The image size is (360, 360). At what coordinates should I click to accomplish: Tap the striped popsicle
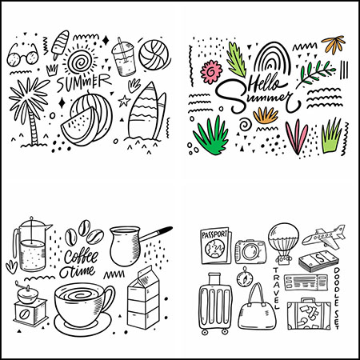click(x=60, y=44)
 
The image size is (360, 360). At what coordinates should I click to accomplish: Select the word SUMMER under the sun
click(x=83, y=82)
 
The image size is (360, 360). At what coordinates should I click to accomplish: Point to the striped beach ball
click(x=154, y=55)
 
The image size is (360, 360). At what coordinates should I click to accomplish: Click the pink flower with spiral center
click(x=211, y=72)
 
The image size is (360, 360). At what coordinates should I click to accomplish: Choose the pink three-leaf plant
click(x=297, y=137)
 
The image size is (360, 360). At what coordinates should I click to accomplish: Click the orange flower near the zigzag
click(x=334, y=44)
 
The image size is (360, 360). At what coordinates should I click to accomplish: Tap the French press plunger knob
click(x=31, y=218)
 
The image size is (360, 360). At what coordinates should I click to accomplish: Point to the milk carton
click(x=143, y=298)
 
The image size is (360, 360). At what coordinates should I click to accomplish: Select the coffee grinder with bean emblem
click(x=30, y=304)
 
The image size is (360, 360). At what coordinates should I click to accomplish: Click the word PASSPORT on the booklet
click(x=214, y=234)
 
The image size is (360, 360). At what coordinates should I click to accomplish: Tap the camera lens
click(x=250, y=251)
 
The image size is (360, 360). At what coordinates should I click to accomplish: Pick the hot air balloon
click(x=283, y=243)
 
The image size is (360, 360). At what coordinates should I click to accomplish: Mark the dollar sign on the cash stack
click(x=319, y=258)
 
